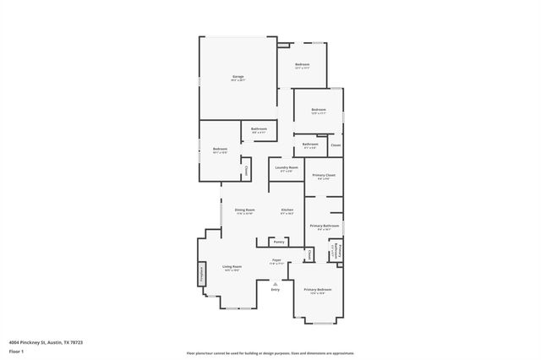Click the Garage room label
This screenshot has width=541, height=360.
click(238, 77)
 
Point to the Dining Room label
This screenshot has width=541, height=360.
click(244, 210)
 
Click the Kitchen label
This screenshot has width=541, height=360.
click(287, 210)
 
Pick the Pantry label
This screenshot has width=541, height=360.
click(279, 243)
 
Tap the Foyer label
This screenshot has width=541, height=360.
click(276, 260)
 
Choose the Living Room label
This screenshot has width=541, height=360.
click(232, 267)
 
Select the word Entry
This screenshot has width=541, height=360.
click(275, 290)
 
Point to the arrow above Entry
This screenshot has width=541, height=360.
click(275, 283)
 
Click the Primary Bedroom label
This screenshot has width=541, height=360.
click(318, 290)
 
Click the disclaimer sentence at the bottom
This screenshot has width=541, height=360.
click(270, 352)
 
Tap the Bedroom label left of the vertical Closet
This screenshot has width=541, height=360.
click(220, 150)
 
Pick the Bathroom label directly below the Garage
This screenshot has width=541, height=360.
click(259, 128)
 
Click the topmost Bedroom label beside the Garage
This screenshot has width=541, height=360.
click(302, 65)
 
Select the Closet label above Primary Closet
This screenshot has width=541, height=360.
click(336, 145)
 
